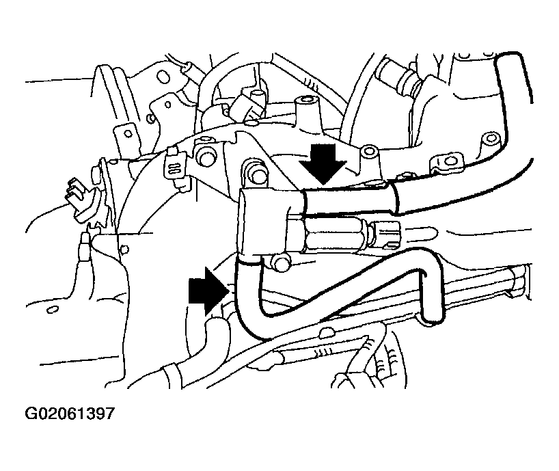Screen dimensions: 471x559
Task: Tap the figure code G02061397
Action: coord(70,414)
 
